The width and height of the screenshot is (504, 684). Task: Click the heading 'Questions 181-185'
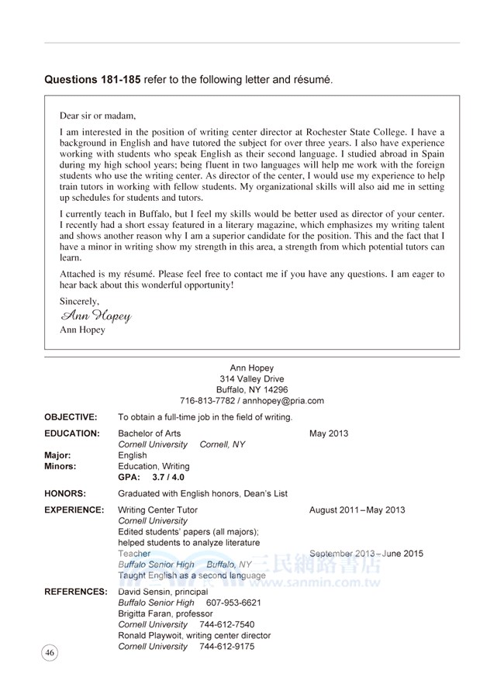click(x=93, y=80)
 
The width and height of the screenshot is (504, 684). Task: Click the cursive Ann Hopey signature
click(x=95, y=316)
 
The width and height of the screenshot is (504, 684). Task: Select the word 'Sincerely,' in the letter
click(x=80, y=301)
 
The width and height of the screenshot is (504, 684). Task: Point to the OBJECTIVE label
click(x=71, y=417)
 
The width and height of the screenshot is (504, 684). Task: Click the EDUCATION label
click(x=72, y=434)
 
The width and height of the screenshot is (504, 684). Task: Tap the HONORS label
click(x=65, y=493)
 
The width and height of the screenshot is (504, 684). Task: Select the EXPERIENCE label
click(x=74, y=510)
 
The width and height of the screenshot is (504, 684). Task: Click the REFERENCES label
click(x=76, y=592)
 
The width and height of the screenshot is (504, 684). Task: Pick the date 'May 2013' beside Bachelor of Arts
click(x=329, y=434)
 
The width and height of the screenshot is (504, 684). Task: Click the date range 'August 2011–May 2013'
click(x=357, y=510)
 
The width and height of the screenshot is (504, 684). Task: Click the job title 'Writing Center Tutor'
click(x=157, y=510)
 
